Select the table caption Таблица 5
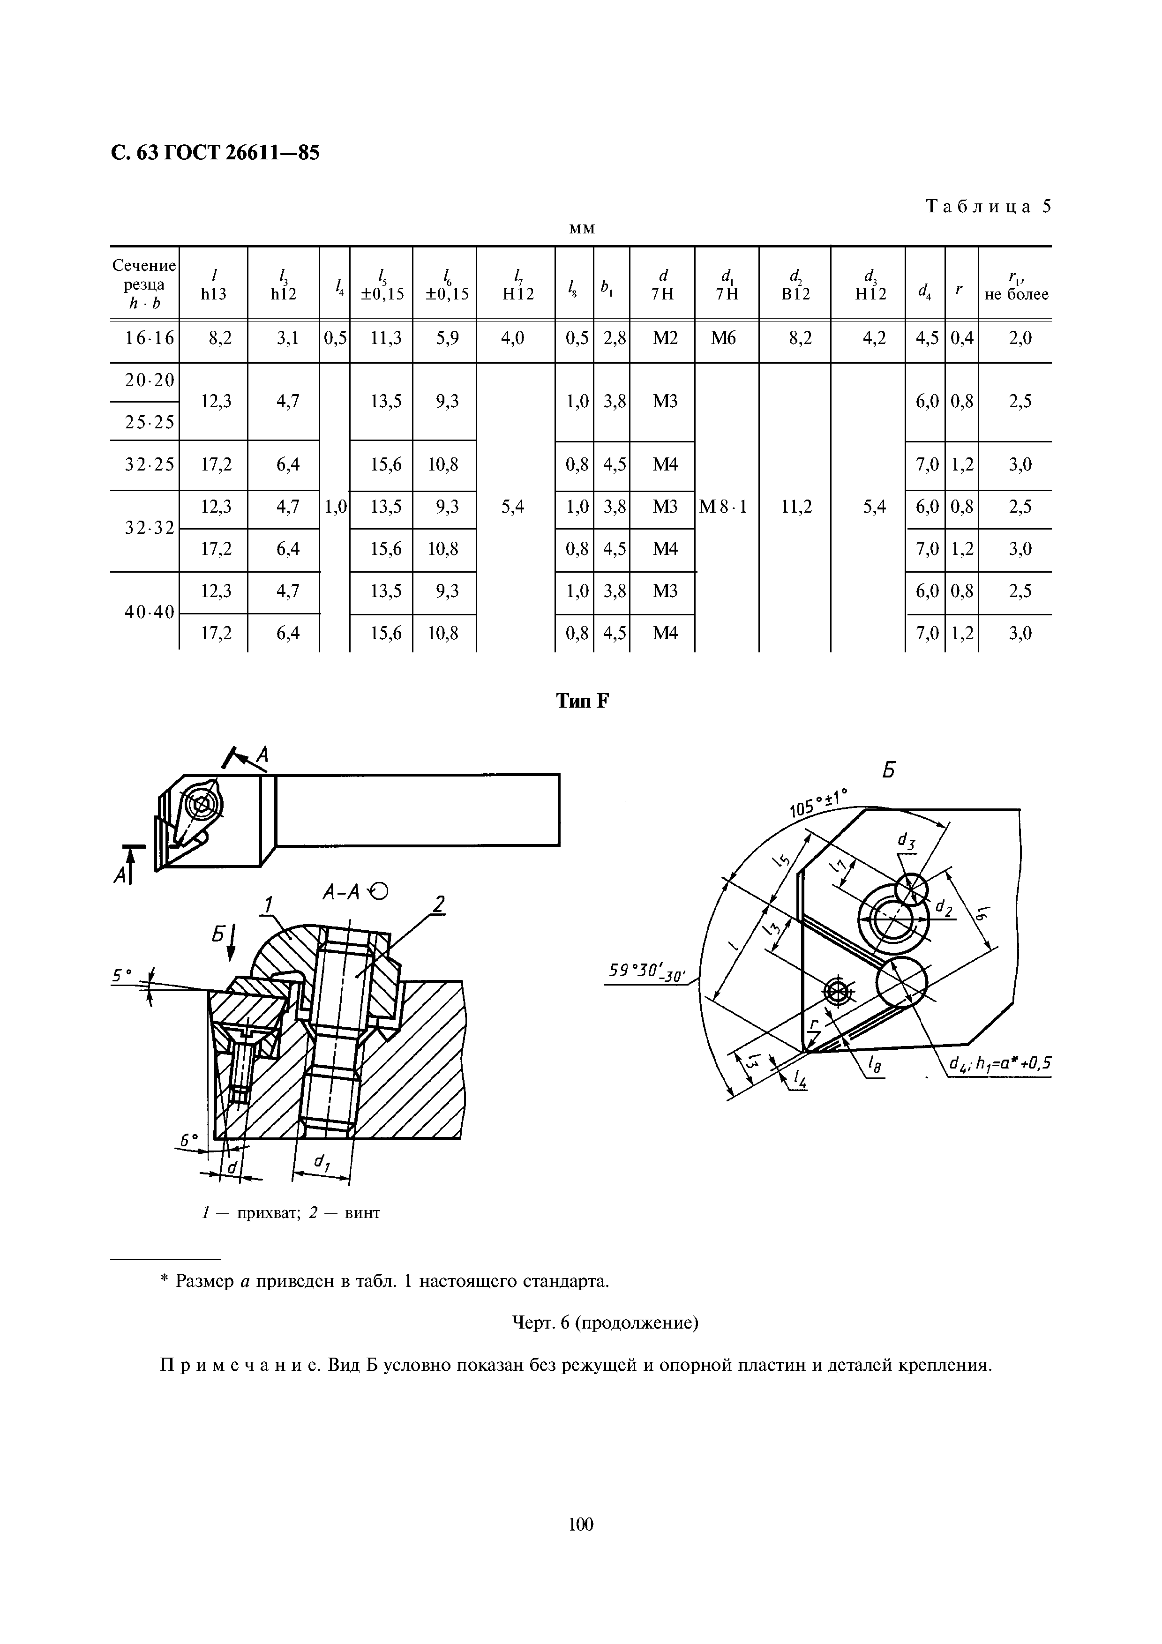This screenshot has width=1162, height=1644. (989, 207)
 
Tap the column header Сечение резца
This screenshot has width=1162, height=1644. (144, 284)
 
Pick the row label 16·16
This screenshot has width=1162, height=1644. (149, 338)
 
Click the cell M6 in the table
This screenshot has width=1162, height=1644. (723, 338)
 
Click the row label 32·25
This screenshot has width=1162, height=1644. (149, 465)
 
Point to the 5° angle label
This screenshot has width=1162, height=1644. (122, 975)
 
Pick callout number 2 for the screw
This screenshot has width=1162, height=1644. (439, 905)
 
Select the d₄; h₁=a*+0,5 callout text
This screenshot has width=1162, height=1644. (999, 1065)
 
